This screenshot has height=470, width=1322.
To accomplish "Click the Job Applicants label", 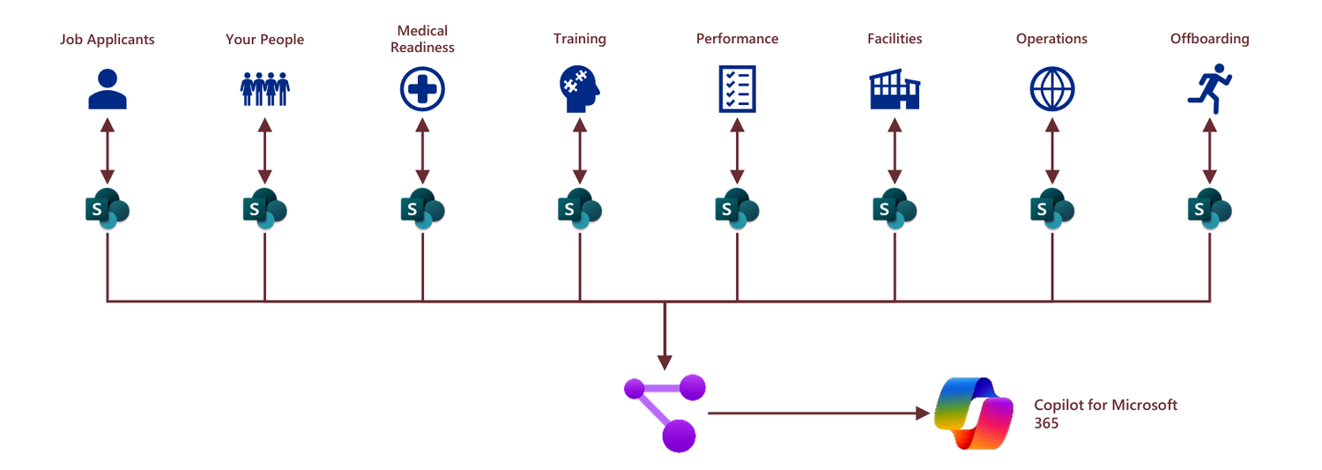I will [107, 40].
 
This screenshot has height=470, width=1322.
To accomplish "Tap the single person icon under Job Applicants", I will [108, 88].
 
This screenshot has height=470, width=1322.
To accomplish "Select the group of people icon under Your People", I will [264, 89].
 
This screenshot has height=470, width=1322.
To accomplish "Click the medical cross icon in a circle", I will [422, 89].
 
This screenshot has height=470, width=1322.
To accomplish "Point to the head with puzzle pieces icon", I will [579, 89].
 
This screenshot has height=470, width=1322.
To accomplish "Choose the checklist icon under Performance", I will [737, 89].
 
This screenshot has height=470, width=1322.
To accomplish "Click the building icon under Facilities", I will [895, 90].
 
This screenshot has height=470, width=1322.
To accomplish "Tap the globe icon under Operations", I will [1051, 89].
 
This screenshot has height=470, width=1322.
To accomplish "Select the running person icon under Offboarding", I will [1209, 88].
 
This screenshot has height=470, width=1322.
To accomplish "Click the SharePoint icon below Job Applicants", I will [107, 209].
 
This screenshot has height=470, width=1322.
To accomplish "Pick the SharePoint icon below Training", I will [579, 209].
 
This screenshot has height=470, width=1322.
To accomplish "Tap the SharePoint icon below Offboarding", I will [1209, 209].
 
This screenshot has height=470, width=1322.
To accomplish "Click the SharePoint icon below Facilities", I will [895, 209].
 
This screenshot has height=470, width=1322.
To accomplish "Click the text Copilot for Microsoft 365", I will [1105, 414].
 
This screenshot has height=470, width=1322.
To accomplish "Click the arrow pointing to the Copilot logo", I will [820, 412].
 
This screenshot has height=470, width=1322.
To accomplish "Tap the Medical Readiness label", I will [422, 40].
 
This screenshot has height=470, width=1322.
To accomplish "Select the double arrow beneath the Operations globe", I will [1051, 151].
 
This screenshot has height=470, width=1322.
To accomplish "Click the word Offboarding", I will [1209, 39].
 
